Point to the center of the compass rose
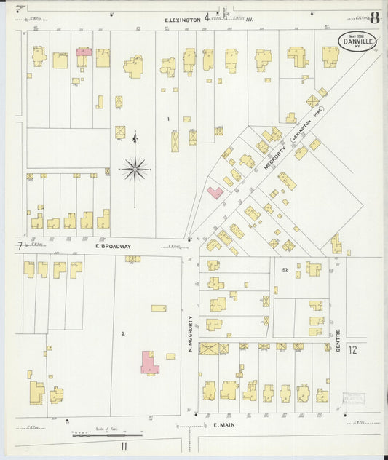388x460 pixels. pyautogui.click(x=135, y=170)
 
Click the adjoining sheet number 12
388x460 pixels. pyautogui.click(x=353, y=351)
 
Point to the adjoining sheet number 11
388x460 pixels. pyautogui.click(x=124, y=445)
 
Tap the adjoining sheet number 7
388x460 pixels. pyautogui.click(x=19, y=247)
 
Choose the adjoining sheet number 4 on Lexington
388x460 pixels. pyautogui.click(x=207, y=15)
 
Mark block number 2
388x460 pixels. pyautogui.click(x=124, y=333)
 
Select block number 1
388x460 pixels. pyautogui.click(x=167, y=119)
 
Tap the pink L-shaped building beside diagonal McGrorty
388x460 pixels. pyautogui.click(x=215, y=193)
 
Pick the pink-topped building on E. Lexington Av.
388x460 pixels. pyautogui.click(x=84, y=52)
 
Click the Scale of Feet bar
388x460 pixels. pyautogui.click(x=107, y=435)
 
